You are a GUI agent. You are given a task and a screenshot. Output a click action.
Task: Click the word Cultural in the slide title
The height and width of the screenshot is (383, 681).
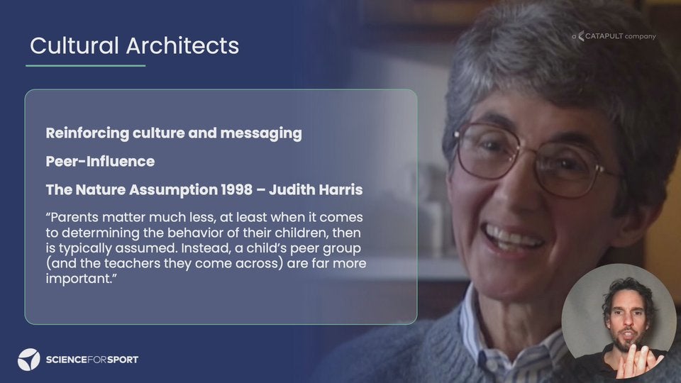(74, 45)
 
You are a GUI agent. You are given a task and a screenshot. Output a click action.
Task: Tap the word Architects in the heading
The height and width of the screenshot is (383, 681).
(183, 45)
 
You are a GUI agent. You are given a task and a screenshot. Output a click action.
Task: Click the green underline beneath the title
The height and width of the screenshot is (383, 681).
(86, 65)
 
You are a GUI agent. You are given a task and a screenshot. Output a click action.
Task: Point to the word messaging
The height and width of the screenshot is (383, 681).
(261, 133)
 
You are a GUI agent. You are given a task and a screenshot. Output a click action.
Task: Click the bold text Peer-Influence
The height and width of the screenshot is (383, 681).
(100, 162)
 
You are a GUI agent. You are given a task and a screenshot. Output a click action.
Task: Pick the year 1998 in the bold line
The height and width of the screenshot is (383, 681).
(236, 190)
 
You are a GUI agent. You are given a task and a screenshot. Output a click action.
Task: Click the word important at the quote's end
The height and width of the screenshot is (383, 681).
(79, 279)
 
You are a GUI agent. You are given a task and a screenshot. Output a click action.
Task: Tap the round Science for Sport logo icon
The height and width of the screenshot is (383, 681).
(28, 360)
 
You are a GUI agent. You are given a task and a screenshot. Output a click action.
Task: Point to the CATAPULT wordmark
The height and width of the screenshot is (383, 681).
(604, 36)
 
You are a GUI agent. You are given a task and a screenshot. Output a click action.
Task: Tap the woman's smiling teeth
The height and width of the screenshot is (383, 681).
(512, 238)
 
